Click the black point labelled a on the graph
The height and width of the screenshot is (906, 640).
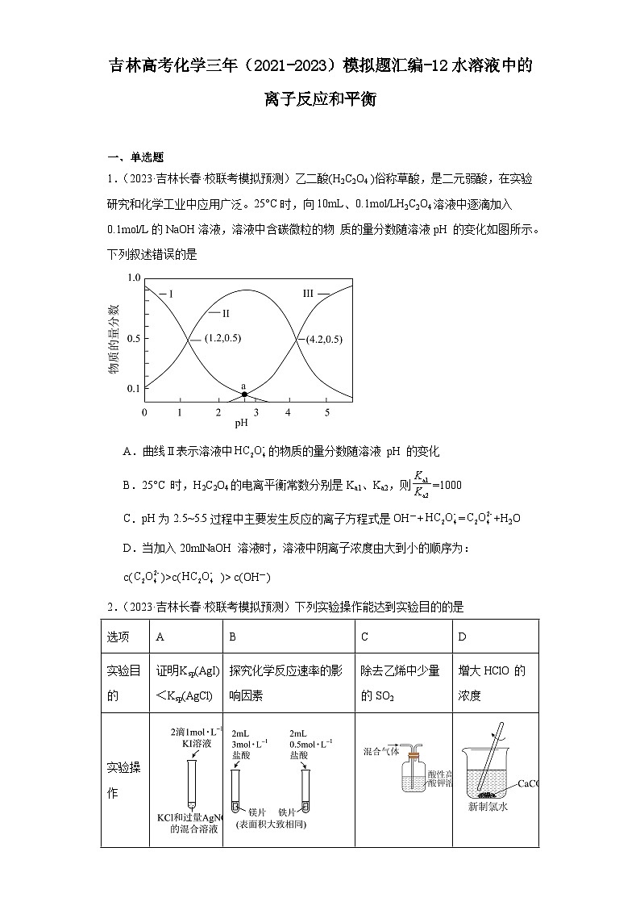click(244, 394)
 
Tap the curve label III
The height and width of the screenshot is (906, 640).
click(308, 294)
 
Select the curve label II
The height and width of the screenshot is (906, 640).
click(226, 312)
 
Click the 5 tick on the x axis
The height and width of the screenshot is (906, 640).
click(326, 412)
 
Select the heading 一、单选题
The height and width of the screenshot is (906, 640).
click(135, 157)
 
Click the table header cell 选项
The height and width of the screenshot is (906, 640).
click(118, 637)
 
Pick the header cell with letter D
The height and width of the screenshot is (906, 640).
click(463, 637)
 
